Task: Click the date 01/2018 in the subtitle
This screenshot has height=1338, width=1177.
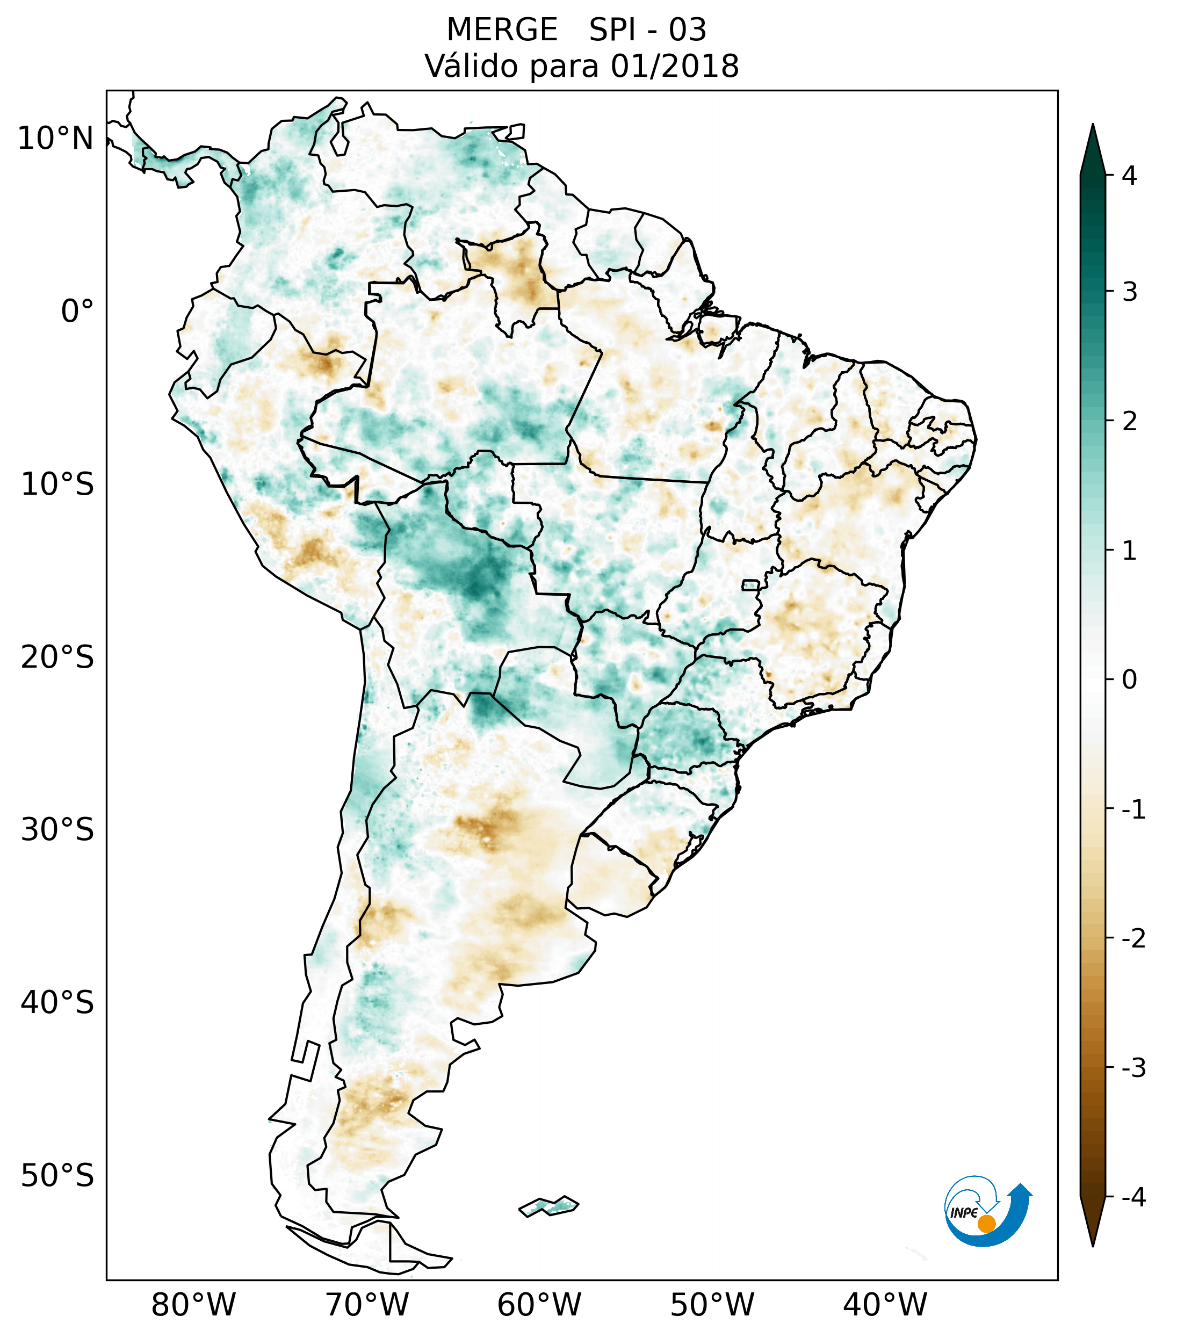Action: (674, 66)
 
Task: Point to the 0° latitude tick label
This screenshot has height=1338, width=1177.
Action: (77, 312)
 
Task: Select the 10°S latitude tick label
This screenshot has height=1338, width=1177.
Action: (57, 484)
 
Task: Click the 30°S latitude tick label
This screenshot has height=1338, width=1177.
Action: (57, 830)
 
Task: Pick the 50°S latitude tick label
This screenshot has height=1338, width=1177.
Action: (57, 1176)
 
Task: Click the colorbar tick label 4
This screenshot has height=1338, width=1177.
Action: (1129, 176)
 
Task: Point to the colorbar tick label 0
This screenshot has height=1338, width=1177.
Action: (1129, 679)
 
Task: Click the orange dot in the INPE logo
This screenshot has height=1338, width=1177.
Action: (986, 1224)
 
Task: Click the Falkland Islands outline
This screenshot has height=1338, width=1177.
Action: (548, 1206)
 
